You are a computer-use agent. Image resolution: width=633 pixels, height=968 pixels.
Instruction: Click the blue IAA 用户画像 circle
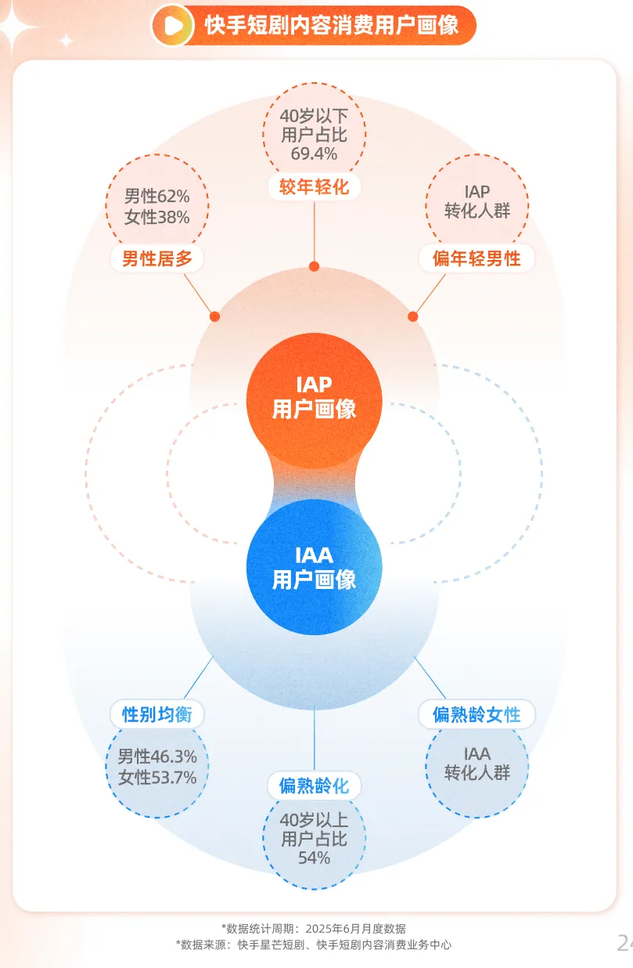[x=314, y=567]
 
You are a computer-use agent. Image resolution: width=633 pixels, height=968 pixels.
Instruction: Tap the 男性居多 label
[x=157, y=258]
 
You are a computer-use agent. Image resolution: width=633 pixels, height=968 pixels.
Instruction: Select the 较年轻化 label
[x=314, y=186]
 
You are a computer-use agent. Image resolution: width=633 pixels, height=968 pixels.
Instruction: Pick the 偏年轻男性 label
[x=477, y=258]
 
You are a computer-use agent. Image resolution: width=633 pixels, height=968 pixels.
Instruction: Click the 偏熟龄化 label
[x=314, y=786]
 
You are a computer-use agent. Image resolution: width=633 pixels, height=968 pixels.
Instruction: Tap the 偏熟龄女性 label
[x=477, y=714]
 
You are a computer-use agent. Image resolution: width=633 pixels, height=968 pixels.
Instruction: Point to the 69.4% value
[x=314, y=153]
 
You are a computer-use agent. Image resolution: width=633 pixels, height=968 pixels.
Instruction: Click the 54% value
[x=314, y=858]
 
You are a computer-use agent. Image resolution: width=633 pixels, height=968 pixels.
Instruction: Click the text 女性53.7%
[x=157, y=778]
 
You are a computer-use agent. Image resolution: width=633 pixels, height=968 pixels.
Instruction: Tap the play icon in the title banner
[x=173, y=26]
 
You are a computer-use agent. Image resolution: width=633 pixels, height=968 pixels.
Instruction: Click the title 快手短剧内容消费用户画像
[x=331, y=26]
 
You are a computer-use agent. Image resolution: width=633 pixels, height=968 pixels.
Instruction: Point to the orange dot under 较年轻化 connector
[x=314, y=266]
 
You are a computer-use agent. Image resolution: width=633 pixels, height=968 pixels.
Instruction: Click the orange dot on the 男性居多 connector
[x=214, y=316]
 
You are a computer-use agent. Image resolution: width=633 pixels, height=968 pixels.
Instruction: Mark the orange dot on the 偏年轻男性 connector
[x=413, y=316]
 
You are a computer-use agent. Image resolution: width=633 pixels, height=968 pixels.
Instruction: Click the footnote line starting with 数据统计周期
[x=314, y=929]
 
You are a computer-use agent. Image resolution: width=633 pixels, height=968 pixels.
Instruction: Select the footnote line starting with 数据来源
[x=314, y=945]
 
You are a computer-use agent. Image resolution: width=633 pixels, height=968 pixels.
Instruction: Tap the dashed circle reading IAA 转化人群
[x=477, y=764]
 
